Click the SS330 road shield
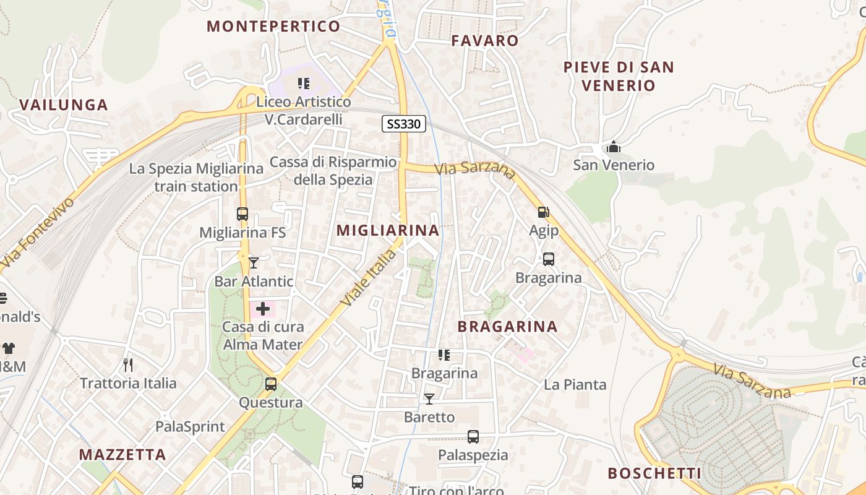click(403, 124)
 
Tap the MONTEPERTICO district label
click(273, 26)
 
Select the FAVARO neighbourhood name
click(485, 41)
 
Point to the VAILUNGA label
click(64, 105)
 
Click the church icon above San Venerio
click(614, 147)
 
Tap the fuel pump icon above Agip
click(544, 212)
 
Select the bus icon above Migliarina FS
click(242, 214)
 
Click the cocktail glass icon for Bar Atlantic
click(254, 262)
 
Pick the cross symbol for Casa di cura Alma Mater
click(263, 309)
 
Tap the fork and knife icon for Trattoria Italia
click(128, 364)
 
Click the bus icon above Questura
click(271, 384)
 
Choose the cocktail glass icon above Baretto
click(429, 398)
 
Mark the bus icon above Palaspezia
click(473, 437)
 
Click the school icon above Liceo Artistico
click(304, 83)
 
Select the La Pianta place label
click(575, 385)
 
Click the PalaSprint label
click(190, 426)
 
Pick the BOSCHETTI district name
click(654, 473)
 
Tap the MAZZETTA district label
click(122, 455)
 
